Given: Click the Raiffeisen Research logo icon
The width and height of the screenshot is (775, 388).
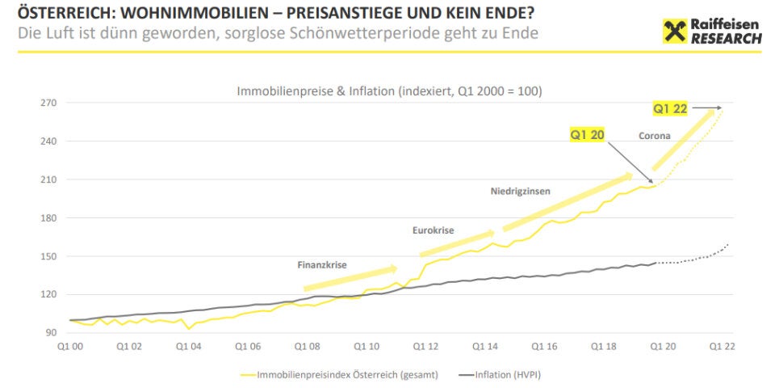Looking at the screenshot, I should coord(674,31).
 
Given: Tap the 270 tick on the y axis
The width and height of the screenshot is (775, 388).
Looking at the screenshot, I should coord(50,103).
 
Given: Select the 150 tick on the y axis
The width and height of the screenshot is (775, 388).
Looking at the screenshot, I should coord(50,256).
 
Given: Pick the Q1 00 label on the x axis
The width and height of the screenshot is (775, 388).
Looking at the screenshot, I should coord(69,346).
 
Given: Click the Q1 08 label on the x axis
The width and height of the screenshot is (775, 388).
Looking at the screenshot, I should coord(307,346).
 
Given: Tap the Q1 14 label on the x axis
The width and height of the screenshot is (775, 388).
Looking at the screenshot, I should coord(485,346).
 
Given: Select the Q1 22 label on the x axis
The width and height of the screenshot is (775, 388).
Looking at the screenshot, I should coord(723,346).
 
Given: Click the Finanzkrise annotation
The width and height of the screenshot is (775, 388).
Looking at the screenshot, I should coord(322,264).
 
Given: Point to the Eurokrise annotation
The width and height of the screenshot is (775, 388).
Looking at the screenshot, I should coord(433,230).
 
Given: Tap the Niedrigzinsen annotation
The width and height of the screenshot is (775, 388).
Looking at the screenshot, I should coord(521,192).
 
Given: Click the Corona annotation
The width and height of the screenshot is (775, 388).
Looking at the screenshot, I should coord(654,136).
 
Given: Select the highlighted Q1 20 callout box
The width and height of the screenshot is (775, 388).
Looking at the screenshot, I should coord(587,135).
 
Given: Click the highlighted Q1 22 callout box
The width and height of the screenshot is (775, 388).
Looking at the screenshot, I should coord(670,108).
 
